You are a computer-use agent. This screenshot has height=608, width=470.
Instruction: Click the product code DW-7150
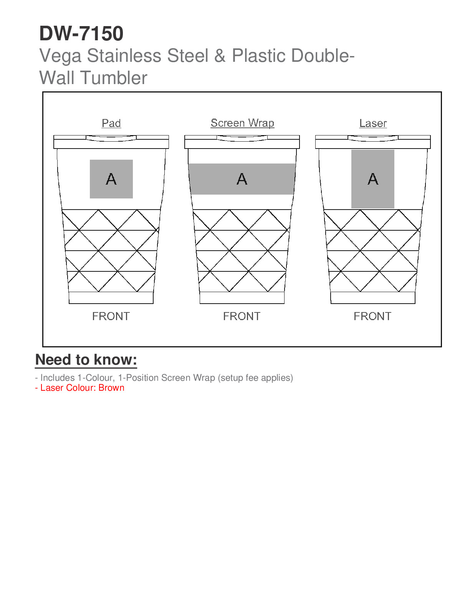(x=81, y=33)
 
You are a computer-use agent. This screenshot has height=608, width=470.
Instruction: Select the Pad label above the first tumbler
(x=111, y=123)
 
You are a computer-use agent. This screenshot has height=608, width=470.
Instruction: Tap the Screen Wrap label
(x=242, y=123)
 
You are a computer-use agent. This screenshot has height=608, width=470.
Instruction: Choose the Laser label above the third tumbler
(x=373, y=123)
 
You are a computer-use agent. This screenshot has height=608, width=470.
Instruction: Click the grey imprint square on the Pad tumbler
(x=111, y=179)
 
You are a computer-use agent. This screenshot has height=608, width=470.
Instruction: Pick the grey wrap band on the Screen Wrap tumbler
(x=242, y=179)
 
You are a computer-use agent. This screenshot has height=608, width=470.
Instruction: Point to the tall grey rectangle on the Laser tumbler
(x=373, y=179)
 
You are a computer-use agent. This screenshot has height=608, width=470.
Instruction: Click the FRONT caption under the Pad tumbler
(x=111, y=316)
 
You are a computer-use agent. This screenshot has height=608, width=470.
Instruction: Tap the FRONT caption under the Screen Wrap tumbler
(x=242, y=316)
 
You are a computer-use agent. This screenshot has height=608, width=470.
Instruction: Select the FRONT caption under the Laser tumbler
(x=372, y=316)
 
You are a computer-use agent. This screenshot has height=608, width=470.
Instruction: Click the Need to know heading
(x=86, y=360)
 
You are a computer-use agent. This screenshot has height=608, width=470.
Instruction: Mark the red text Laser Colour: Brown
(x=80, y=388)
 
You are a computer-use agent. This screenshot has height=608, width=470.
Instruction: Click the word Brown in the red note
(x=111, y=388)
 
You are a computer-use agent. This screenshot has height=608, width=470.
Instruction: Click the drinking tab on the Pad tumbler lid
(x=111, y=138)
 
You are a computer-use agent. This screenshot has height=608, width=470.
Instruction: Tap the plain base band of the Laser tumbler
(x=373, y=297)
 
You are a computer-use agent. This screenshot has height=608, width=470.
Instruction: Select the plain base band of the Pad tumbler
(x=111, y=297)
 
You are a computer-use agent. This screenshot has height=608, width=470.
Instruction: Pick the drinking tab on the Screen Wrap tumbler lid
(x=242, y=138)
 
